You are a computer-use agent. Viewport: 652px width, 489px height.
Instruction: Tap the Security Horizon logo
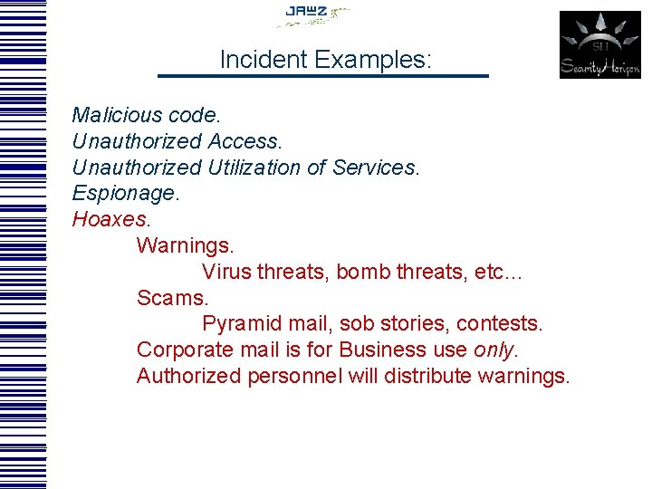coord(599,45)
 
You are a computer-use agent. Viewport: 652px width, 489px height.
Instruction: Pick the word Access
coord(244,141)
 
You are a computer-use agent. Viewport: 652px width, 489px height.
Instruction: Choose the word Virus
coord(226,272)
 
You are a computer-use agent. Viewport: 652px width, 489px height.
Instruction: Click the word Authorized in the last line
coord(188,376)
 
